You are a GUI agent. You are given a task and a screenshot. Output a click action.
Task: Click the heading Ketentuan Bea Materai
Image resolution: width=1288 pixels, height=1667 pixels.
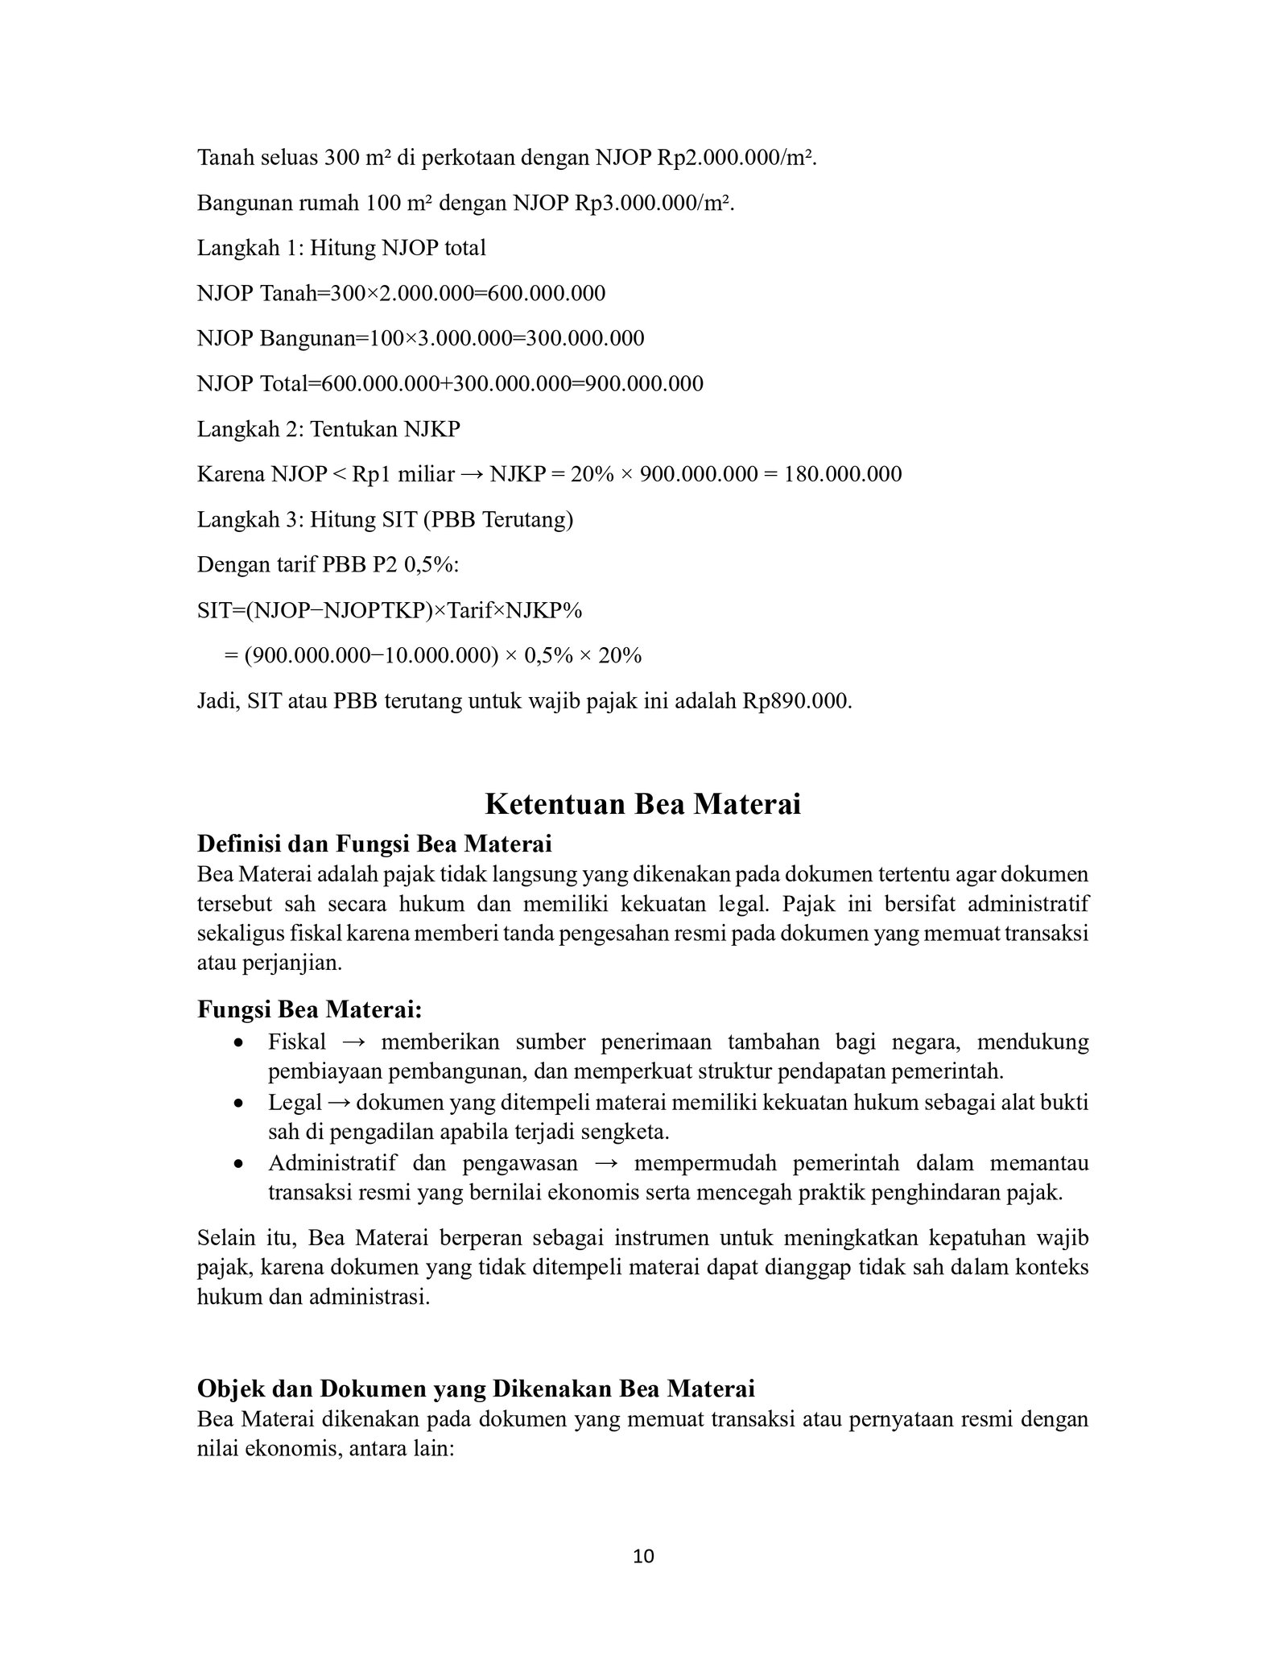pos(643,804)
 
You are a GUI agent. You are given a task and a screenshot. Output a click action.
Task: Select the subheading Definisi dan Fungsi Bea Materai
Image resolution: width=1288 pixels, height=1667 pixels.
pos(374,844)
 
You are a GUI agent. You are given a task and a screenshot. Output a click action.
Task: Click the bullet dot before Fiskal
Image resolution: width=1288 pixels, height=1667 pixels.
pos(237,1043)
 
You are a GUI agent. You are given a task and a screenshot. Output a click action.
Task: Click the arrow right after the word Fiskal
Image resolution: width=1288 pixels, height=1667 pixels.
pos(353,1042)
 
